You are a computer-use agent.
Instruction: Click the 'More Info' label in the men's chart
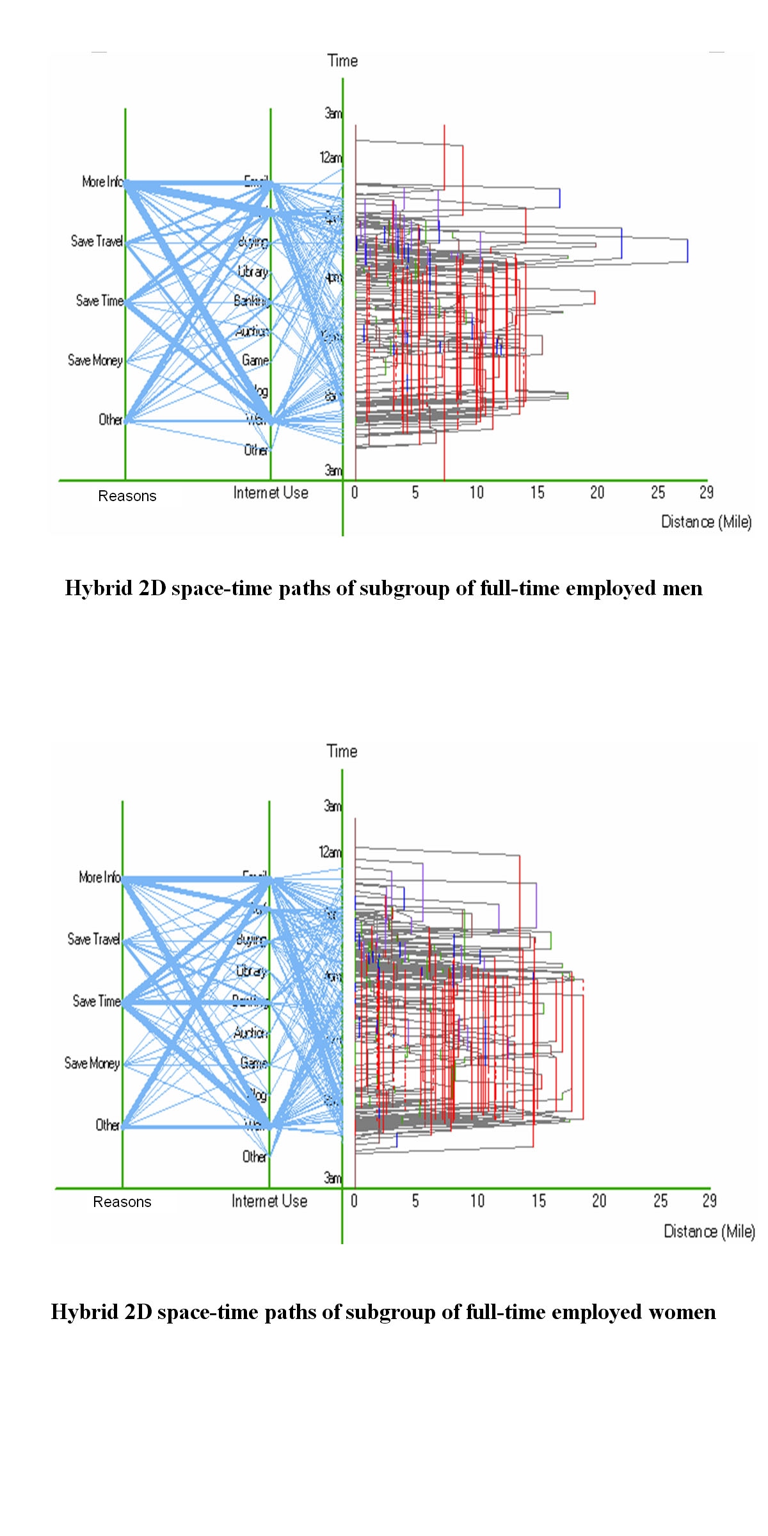[102, 182]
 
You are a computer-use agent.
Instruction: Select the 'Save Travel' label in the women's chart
[93, 939]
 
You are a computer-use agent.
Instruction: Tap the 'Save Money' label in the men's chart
[95, 360]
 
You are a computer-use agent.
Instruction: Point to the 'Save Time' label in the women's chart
[96, 1001]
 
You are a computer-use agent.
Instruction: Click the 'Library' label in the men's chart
[253, 271]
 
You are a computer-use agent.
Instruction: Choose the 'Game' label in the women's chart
[253, 1062]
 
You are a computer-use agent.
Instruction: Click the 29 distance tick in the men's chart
[706, 492]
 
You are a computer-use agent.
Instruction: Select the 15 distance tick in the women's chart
[538, 1201]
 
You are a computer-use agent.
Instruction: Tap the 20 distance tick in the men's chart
[597, 492]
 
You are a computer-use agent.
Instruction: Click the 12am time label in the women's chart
[330, 852]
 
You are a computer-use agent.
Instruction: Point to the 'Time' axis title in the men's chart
[342, 61]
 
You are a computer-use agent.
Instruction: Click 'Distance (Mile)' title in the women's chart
[709, 1231]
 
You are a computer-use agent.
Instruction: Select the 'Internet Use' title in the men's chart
[271, 493]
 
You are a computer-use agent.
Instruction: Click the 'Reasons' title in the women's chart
[122, 1202]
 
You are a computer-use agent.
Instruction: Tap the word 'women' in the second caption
[682, 1312]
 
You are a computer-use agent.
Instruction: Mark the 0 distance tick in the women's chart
[354, 1201]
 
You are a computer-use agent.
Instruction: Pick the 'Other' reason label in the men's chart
[110, 420]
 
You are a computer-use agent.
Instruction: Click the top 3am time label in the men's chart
[333, 113]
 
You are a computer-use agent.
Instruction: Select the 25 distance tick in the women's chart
[660, 1201]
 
